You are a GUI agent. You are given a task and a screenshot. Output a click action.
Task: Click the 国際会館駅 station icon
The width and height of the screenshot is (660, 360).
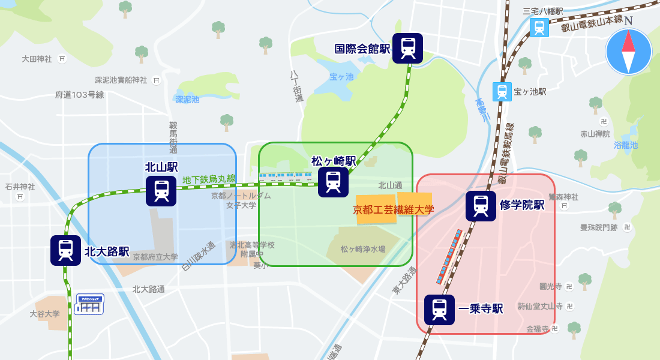407,48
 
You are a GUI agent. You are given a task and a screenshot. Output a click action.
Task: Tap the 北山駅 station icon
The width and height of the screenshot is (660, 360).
161,191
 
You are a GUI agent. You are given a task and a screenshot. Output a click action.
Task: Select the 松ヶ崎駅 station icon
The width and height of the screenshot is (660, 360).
333,182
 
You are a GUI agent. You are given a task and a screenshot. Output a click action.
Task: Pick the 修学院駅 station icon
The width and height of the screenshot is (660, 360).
481,206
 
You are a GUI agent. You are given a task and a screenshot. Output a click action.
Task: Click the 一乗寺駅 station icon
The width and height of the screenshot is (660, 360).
439,310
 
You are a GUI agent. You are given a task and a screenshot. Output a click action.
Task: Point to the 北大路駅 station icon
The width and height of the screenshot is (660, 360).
65,250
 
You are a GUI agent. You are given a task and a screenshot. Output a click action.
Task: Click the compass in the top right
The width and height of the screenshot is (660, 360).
628,51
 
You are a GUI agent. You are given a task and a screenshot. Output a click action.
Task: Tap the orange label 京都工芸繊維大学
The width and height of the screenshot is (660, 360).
393,210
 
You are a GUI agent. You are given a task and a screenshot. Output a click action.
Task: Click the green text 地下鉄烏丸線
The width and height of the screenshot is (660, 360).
209,179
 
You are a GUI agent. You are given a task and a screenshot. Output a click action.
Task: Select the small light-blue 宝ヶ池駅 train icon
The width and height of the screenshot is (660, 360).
502,92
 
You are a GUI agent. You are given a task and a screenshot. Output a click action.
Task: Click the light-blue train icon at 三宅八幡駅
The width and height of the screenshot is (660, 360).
539,28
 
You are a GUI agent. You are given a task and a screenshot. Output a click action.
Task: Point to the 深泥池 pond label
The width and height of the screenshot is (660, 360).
187,100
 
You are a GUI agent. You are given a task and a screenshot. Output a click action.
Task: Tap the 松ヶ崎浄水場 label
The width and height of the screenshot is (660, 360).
363,249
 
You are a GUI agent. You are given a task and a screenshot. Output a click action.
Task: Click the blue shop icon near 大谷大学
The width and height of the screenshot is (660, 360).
89,304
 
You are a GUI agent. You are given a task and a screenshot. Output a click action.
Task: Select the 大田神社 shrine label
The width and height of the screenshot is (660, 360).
37,59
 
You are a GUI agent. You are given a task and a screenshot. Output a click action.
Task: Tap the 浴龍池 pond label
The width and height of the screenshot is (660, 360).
626,145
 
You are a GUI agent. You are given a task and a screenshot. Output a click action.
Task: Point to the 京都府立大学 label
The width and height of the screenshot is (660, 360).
155,257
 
